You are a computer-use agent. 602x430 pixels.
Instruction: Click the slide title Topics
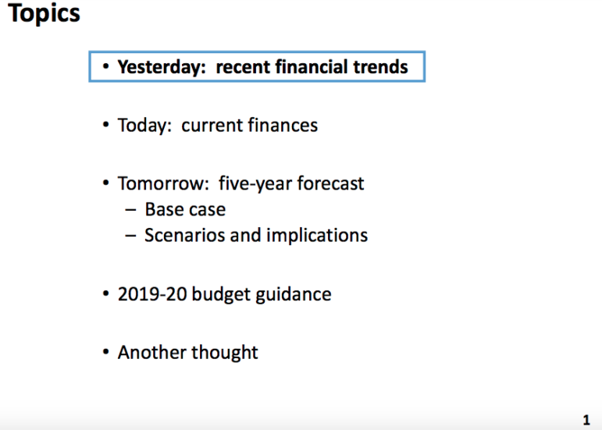click(x=44, y=14)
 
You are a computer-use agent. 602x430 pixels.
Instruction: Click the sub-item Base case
click(x=185, y=209)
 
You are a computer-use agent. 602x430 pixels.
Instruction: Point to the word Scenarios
click(x=184, y=235)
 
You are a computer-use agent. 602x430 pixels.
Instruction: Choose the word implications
click(x=317, y=236)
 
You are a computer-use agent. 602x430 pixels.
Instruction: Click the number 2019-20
click(x=152, y=294)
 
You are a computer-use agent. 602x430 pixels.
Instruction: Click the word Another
click(x=152, y=352)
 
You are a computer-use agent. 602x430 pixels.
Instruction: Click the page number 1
click(x=586, y=420)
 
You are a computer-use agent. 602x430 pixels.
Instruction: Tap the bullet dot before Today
click(x=106, y=125)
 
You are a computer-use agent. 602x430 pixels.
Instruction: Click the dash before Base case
click(x=130, y=210)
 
